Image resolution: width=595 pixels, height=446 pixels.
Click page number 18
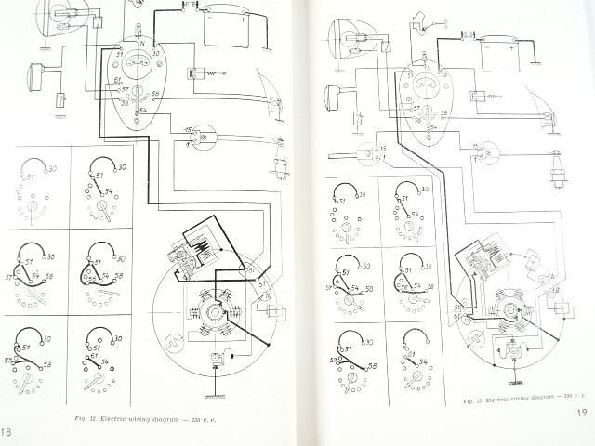(x=7, y=433)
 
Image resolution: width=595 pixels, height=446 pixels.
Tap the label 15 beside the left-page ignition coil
(x=188, y=127)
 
